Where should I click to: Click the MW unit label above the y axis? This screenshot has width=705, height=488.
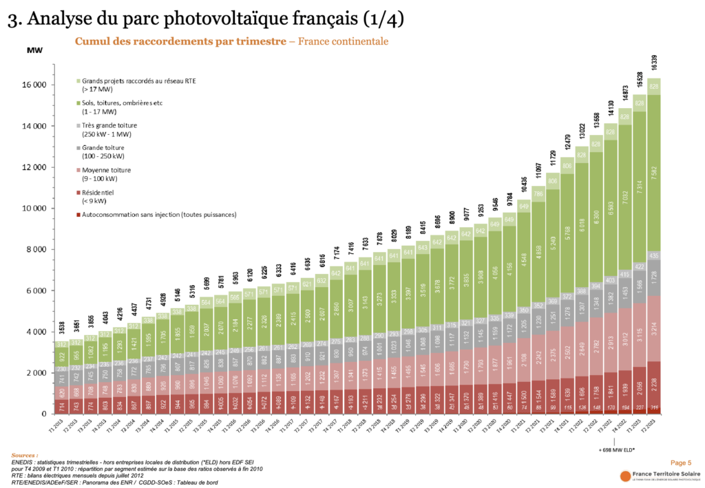pos(34,50)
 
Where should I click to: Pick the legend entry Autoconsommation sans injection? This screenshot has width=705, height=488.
pos(154,214)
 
